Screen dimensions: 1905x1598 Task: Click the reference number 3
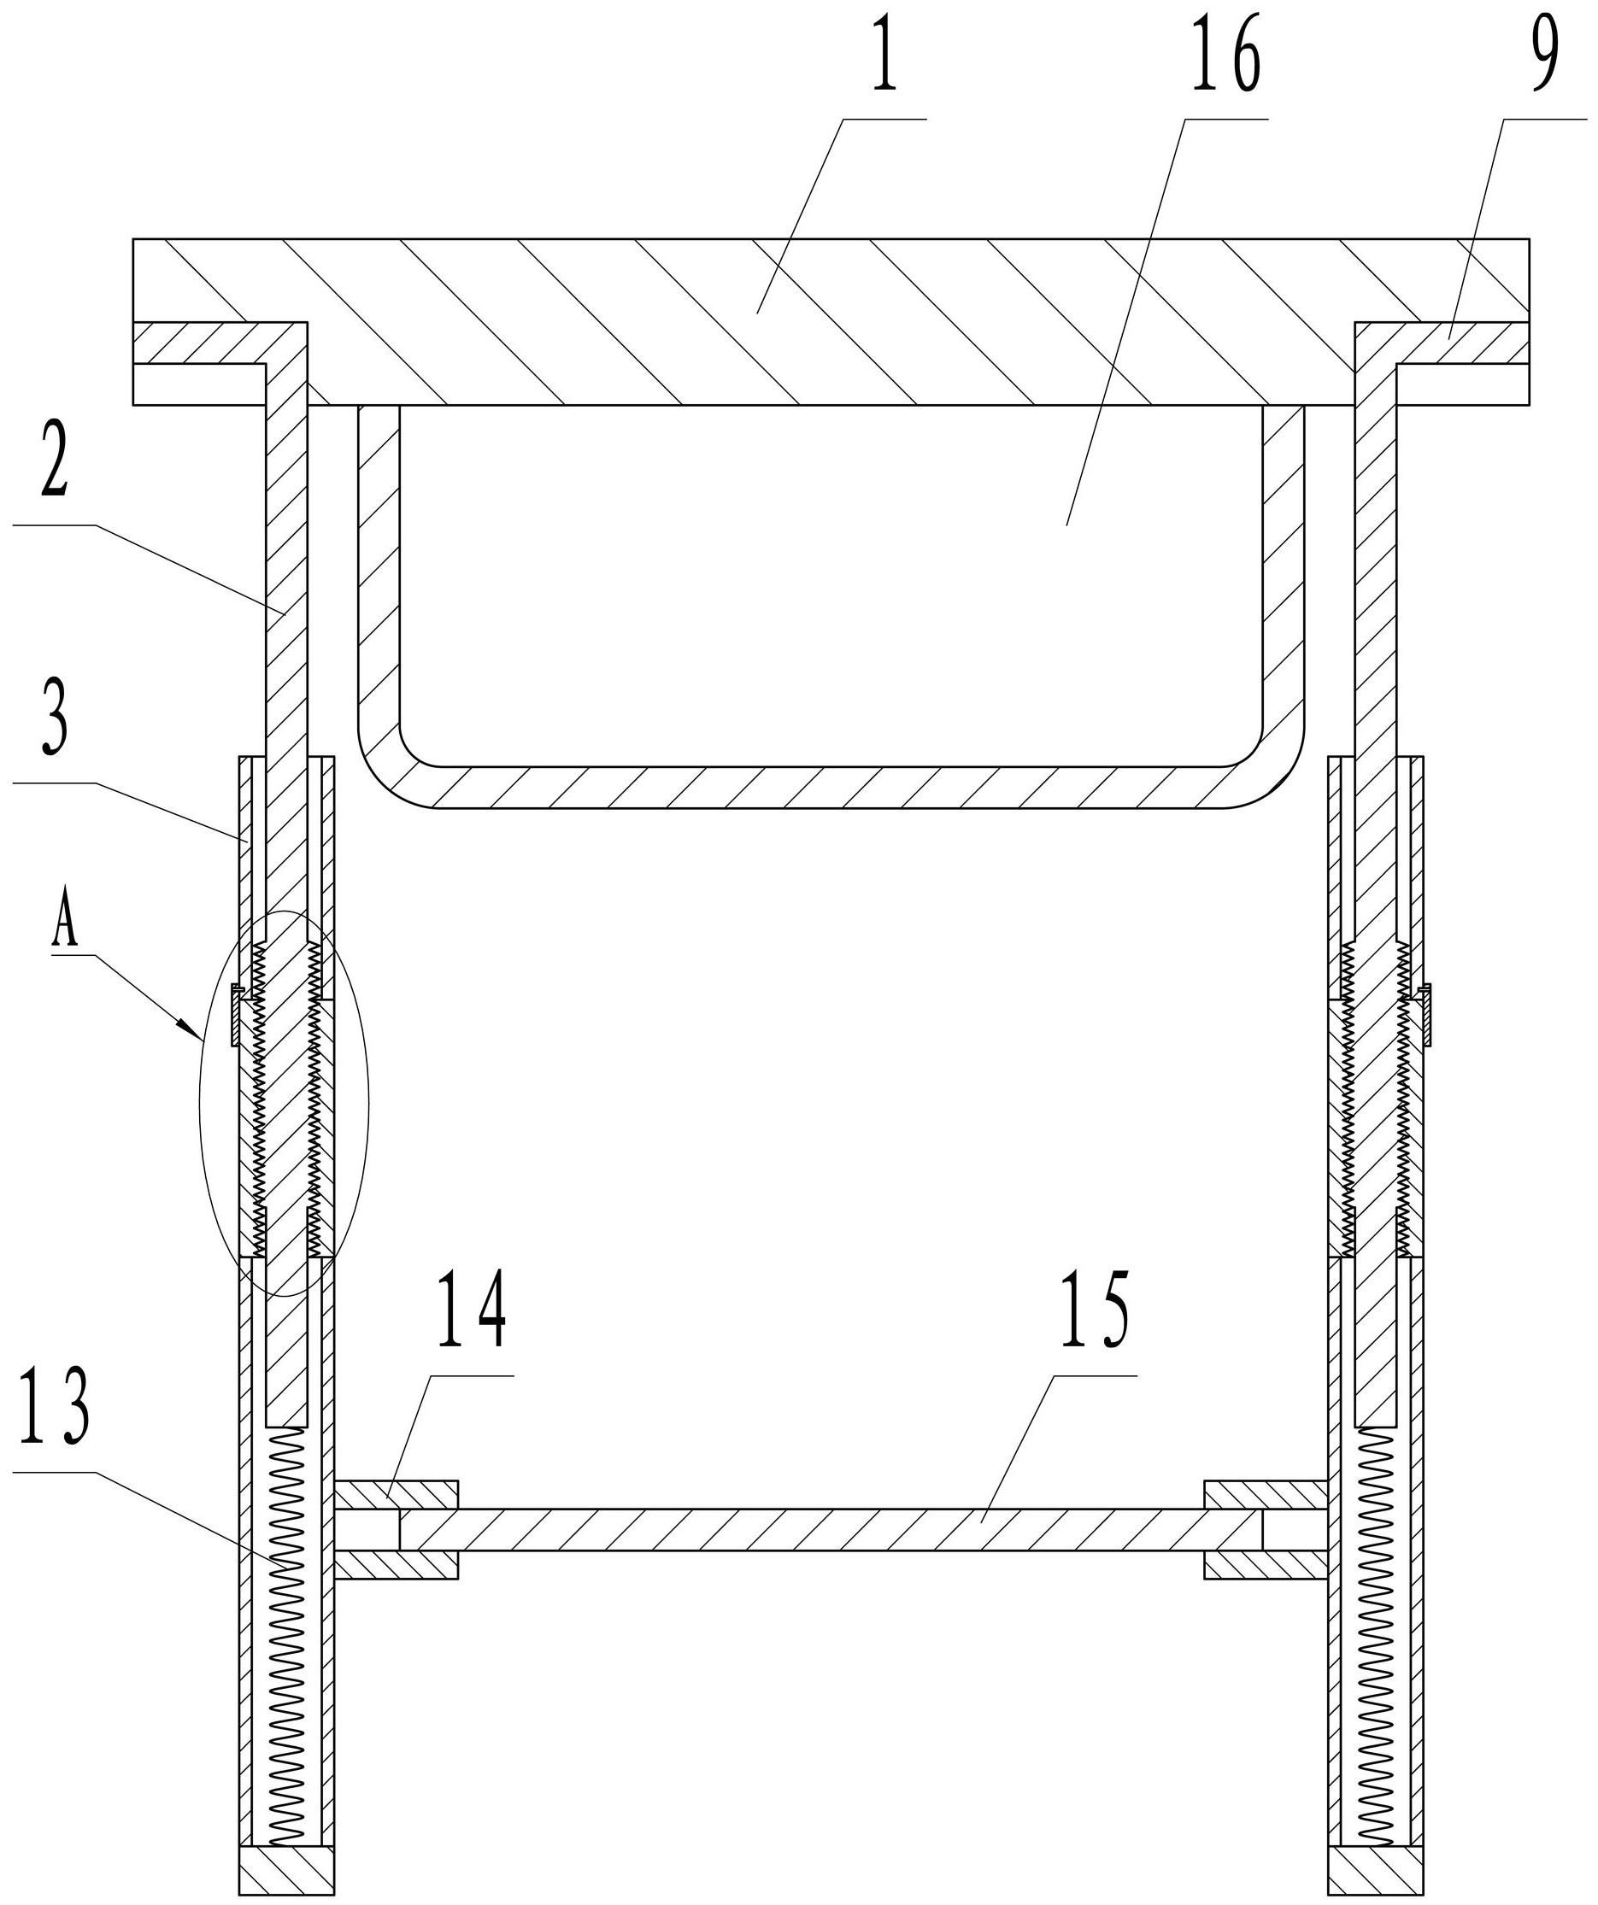tap(54, 724)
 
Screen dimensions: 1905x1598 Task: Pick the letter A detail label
tap(64, 926)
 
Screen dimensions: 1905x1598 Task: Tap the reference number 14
tap(471, 1310)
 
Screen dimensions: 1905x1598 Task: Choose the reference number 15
tap(1095, 1310)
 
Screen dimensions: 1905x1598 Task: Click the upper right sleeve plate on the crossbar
tap(1265, 1494)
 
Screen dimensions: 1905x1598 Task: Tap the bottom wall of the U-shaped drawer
tap(831, 787)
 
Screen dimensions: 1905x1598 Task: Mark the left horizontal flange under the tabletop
tap(200, 342)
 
